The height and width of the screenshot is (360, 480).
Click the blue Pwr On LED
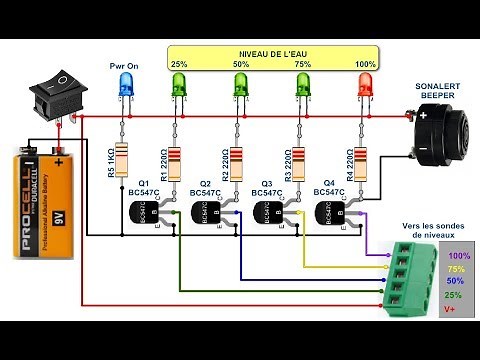click(125, 88)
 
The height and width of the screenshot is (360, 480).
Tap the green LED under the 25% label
click(180, 88)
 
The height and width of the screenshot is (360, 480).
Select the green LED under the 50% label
click(240, 88)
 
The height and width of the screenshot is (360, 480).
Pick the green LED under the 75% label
click(301, 88)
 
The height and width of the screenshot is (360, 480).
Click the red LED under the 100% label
click(364, 88)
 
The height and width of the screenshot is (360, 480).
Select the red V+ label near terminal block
click(452, 311)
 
